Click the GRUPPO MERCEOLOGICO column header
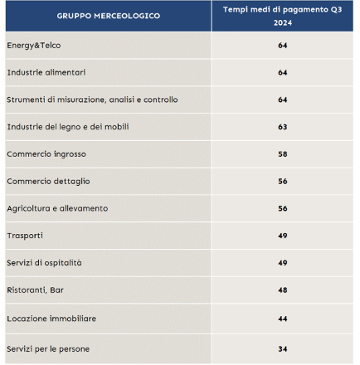coord(109,16)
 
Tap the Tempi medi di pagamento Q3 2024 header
coord(283,16)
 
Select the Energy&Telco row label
coord(34,46)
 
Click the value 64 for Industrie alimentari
coord(283,73)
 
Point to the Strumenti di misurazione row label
coord(92,100)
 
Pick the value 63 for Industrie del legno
coord(283,127)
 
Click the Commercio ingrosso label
coord(46,154)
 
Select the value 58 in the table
coord(283,154)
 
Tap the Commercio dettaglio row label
coord(48,182)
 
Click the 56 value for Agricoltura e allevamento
coord(283,208)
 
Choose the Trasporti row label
coord(25,236)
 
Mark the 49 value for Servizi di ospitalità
coord(283,263)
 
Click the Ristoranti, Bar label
coord(35,290)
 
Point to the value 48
coord(283,290)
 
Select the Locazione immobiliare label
coord(51,319)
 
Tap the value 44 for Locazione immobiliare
coord(283,319)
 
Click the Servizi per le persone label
coord(48,349)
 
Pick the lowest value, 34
coord(283,349)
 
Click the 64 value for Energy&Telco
coord(283,46)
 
